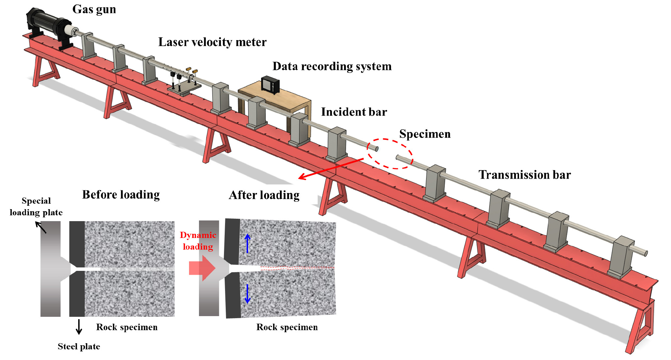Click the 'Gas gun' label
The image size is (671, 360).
point(94,9)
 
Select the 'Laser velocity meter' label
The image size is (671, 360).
point(212,42)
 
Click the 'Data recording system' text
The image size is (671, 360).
point(332,66)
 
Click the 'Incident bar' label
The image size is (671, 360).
point(354,112)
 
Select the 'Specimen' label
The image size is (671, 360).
point(425,134)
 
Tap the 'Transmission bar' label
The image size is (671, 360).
point(525,175)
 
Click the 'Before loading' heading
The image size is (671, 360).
point(121,195)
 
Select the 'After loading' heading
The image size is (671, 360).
point(264,195)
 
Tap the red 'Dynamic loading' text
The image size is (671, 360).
point(198,241)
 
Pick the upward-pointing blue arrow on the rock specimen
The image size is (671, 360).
point(247,243)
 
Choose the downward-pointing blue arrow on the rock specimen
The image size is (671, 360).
point(247,294)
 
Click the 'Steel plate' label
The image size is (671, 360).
point(79,347)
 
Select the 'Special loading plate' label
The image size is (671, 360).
point(36,207)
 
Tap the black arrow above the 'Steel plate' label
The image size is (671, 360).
point(79,326)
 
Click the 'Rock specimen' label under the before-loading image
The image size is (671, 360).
point(127,327)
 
